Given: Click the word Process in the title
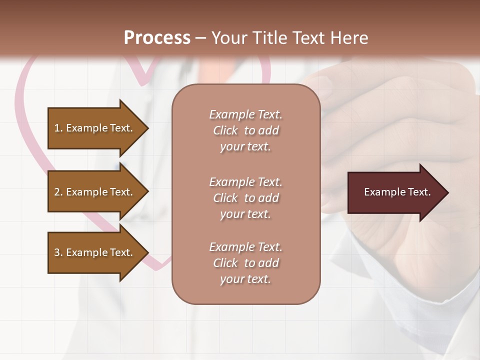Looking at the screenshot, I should click(157, 38).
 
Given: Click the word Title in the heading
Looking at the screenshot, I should click(268, 38).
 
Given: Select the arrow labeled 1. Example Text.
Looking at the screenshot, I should click(95, 128).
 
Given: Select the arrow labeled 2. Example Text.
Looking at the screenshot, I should click(95, 192).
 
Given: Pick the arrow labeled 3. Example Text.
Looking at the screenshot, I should click(95, 252).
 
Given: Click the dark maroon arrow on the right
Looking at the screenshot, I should click(395, 192).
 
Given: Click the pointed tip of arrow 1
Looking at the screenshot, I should click(147, 128).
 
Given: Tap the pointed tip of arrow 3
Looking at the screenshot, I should click(147, 252).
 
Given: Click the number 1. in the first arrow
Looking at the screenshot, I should click(58, 128).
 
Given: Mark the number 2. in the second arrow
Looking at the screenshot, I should click(58, 192).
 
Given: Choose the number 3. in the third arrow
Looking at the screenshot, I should click(58, 252).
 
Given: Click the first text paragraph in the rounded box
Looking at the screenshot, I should click(245, 130).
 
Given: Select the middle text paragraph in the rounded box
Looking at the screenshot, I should click(245, 198).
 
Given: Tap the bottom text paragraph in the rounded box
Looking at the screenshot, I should click(245, 263).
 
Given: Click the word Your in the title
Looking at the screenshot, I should click(228, 38).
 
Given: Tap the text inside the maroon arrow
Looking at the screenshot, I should click(397, 192).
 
